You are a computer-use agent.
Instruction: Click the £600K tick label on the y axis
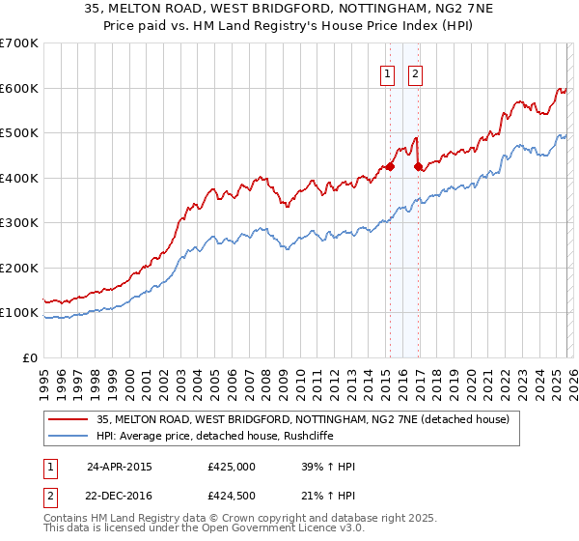pyautogui.click(x=19, y=88)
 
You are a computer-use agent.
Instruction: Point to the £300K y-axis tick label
pyautogui.click(x=19, y=223)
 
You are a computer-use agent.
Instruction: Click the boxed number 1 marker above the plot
pyautogui.click(x=388, y=73)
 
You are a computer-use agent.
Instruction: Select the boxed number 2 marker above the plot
pyautogui.click(x=416, y=73)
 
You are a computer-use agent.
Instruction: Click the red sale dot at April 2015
pyautogui.click(x=390, y=166)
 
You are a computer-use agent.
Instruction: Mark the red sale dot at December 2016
pyautogui.click(x=418, y=166)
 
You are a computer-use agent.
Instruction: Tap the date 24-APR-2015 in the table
pyautogui.click(x=120, y=466)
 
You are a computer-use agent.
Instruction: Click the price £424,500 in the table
pyautogui.click(x=232, y=497)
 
